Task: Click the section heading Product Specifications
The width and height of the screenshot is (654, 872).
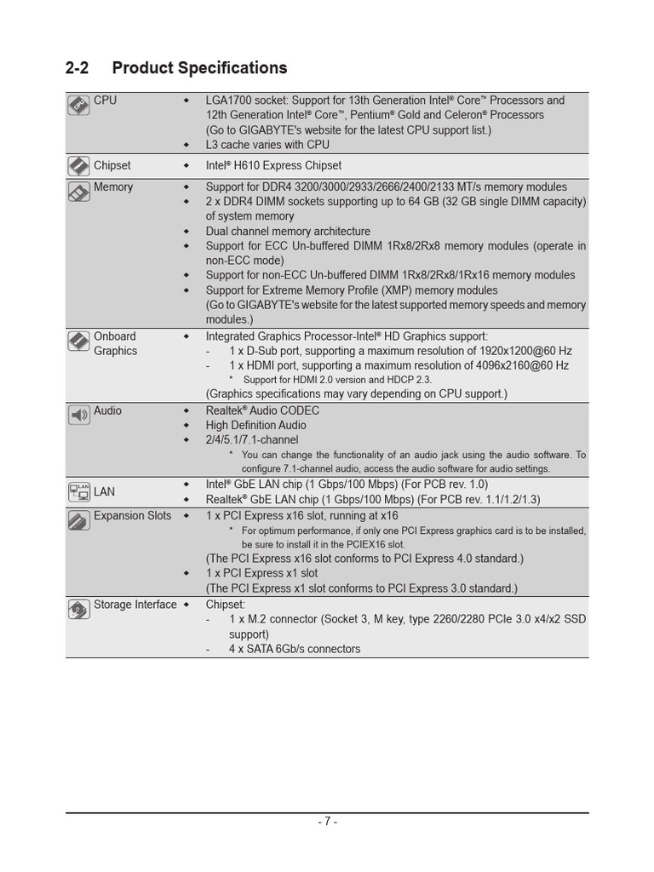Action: tap(199, 68)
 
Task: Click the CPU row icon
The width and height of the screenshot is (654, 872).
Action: tap(78, 105)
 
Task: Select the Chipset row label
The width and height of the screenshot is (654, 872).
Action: tap(112, 165)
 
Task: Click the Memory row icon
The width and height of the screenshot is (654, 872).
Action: tap(78, 191)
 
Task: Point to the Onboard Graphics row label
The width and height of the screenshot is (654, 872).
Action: tap(115, 343)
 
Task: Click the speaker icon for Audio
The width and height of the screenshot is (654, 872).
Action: tap(78, 415)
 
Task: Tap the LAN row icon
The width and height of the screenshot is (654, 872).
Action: tap(78, 491)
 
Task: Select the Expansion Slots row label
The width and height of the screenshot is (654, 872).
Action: tap(132, 515)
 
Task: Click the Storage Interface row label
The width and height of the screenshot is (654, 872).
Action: tap(135, 605)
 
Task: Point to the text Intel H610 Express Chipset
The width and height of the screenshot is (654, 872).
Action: tap(273, 165)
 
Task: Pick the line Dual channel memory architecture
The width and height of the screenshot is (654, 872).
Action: tap(288, 231)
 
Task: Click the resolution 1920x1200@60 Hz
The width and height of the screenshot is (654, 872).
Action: tap(515, 351)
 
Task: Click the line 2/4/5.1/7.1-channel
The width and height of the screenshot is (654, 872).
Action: tap(252, 439)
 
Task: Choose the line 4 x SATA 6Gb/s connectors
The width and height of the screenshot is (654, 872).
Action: tap(294, 649)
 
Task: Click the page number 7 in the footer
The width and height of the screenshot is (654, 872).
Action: tap(327, 822)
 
